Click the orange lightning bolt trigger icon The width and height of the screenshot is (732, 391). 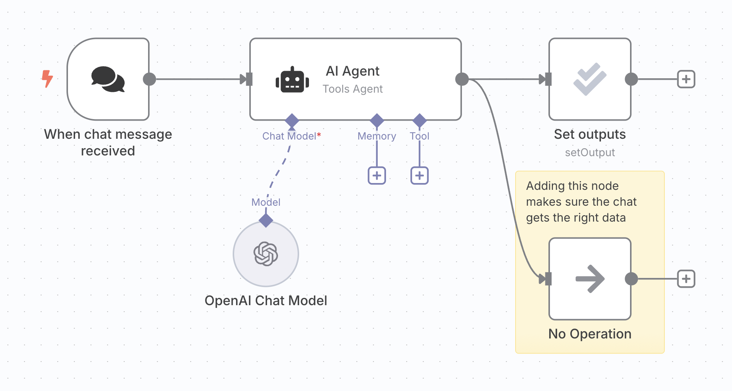pyautogui.click(x=47, y=79)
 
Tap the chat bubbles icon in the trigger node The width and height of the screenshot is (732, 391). pyautogui.click(x=108, y=79)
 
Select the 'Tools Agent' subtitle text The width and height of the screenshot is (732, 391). pyautogui.click(x=352, y=89)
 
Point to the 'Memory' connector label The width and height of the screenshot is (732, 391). pyautogui.click(x=377, y=136)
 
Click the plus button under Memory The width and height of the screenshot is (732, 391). pyautogui.click(x=377, y=175)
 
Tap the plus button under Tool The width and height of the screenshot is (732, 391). pyautogui.click(x=420, y=175)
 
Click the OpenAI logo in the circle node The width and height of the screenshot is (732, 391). pyautogui.click(x=266, y=254)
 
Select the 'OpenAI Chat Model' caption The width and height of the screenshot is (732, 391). pyautogui.click(x=266, y=301)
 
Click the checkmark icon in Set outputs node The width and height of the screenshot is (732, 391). pyautogui.click(x=590, y=79)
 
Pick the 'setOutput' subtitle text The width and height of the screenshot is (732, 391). pyautogui.click(x=590, y=152)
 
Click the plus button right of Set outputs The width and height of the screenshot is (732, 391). pyautogui.click(x=686, y=79)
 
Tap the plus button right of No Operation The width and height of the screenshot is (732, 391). pyautogui.click(x=686, y=279)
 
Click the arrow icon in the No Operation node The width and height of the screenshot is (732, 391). pyautogui.click(x=590, y=279)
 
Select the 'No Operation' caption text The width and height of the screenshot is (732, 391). pyautogui.click(x=590, y=334)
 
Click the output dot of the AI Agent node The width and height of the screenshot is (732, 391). pyautogui.click(x=462, y=79)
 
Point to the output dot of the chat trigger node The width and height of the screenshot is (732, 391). pyautogui.click(x=150, y=79)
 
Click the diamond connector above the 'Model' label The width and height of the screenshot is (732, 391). pyautogui.click(x=266, y=220)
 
